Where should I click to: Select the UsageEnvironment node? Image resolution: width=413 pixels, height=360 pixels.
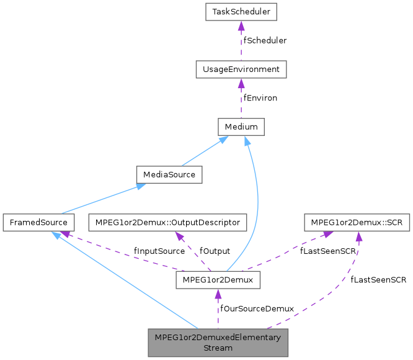(241, 69)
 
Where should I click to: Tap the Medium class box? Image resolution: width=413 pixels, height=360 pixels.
(241, 127)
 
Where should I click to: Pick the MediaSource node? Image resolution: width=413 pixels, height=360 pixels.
(169, 174)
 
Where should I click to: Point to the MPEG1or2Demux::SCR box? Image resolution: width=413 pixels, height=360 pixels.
(357, 222)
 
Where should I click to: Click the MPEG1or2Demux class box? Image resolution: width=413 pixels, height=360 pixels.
(217, 280)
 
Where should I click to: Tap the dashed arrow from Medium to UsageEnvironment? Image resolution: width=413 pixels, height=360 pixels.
(241, 98)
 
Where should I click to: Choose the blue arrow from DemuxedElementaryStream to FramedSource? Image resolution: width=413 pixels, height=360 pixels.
(124, 279)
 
